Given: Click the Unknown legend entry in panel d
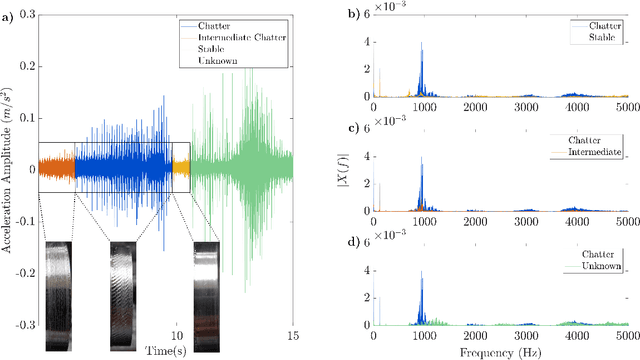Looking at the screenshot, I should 596,267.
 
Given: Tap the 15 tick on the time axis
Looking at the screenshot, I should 293,337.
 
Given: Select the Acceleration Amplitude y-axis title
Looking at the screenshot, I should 8,170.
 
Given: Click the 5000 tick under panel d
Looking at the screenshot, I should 624,336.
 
